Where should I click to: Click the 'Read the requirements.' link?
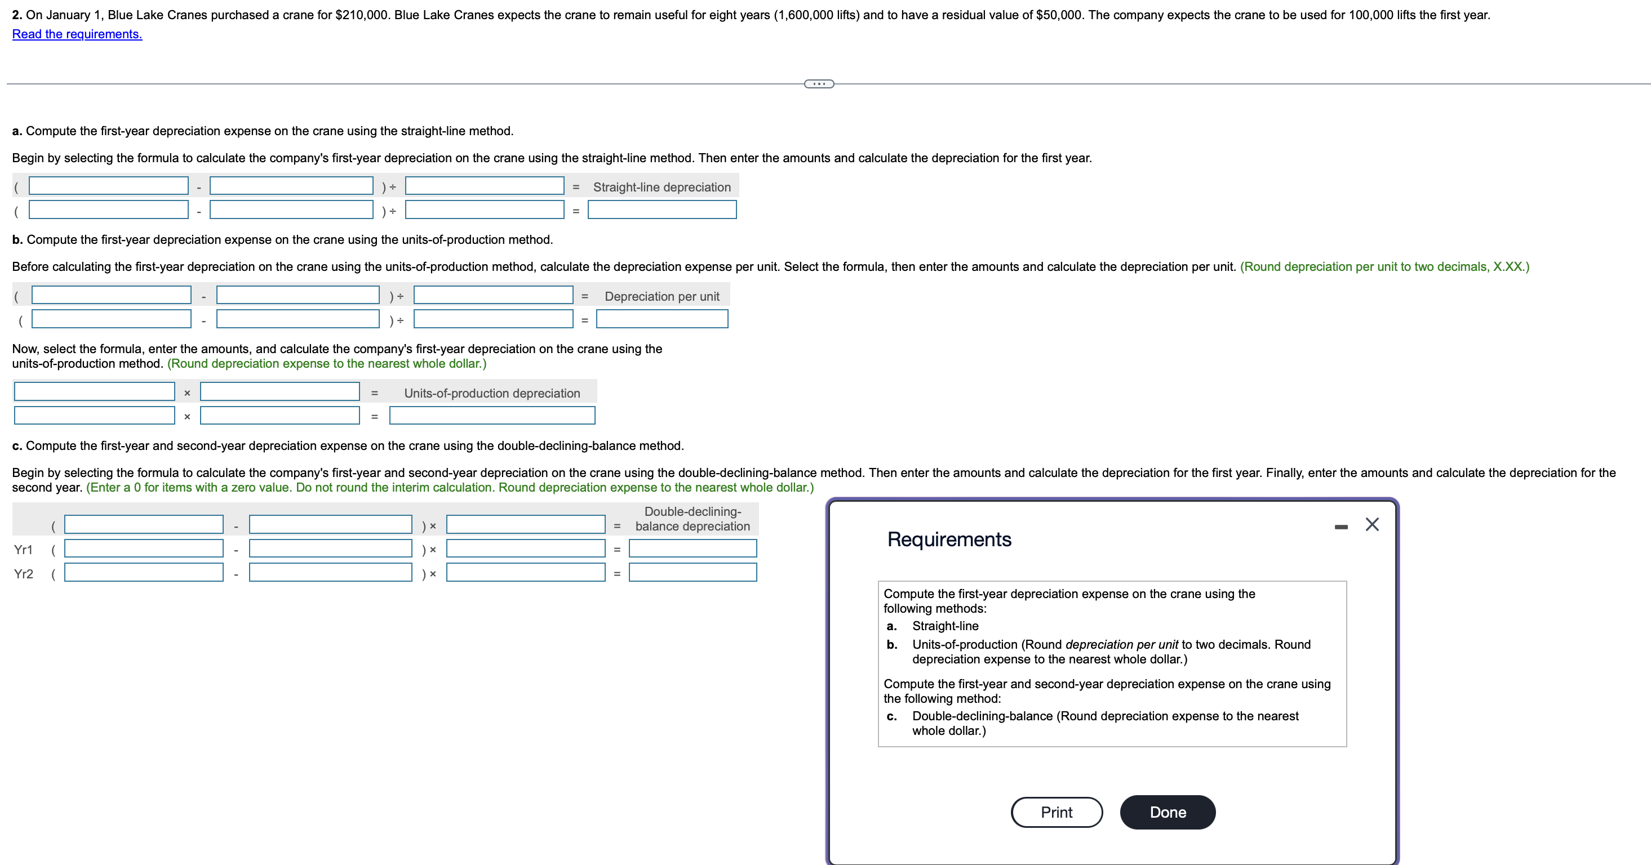coord(77,34)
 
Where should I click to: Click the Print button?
coord(1056,812)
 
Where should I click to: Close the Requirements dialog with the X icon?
coord(1372,525)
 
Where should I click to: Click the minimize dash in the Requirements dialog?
coord(1341,527)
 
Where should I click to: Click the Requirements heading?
coord(948,539)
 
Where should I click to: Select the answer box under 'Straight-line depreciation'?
coord(662,209)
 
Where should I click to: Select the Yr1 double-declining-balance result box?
coord(692,549)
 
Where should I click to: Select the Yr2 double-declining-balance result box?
coord(692,572)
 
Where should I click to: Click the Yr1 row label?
coord(23,550)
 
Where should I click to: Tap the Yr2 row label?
coord(23,574)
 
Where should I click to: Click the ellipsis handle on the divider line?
coord(818,84)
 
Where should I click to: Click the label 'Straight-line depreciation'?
coord(662,187)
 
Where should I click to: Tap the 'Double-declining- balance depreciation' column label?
coord(692,519)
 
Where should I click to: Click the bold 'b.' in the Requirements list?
coord(891,645)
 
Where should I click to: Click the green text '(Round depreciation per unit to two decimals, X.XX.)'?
coord(1384,266)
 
